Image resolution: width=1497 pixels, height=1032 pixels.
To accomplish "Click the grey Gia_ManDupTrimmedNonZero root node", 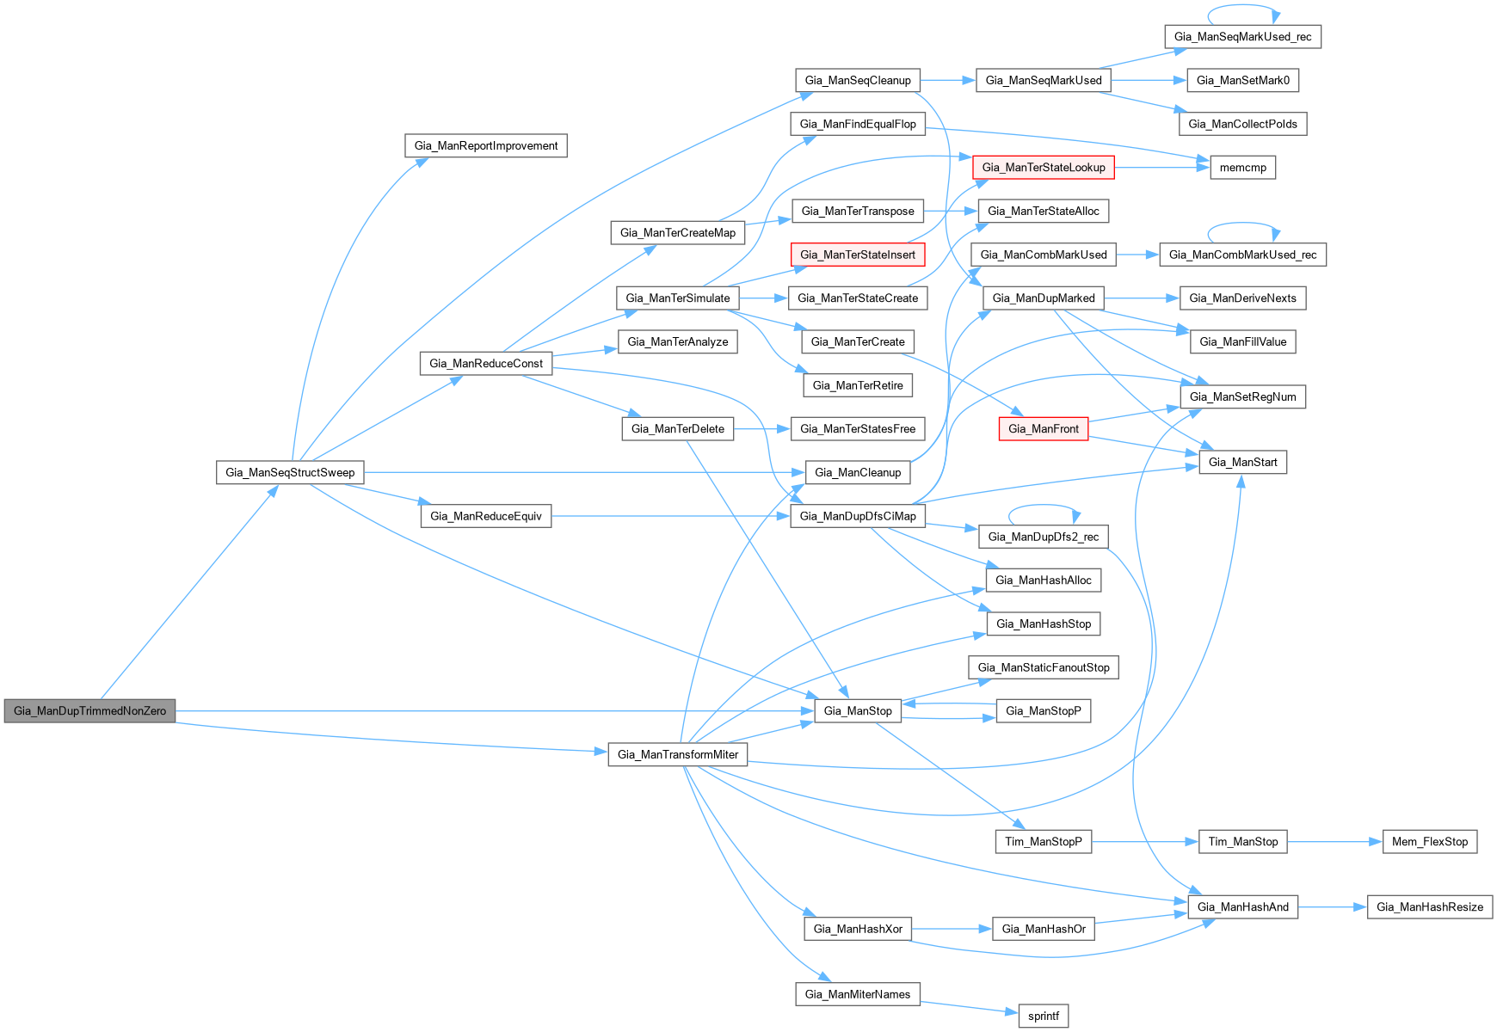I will [89, 711].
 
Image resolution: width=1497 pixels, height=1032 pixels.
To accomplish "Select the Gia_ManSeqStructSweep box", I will [290, 472].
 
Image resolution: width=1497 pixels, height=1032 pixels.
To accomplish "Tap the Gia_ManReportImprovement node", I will [485, 145].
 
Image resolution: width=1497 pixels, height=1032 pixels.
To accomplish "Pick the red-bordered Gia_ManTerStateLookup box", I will [1043, 168].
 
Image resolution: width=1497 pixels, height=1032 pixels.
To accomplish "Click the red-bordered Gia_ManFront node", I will [1043, 429].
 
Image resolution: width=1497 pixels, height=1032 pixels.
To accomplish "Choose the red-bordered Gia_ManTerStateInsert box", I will [857, 255].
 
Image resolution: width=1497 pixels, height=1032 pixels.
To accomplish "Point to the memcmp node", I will [1242, 168].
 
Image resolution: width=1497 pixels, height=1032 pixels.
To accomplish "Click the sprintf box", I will [1043, 1016].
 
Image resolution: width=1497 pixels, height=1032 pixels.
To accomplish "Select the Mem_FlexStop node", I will [1429, 842].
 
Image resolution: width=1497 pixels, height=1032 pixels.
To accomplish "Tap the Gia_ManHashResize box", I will [1429, 907].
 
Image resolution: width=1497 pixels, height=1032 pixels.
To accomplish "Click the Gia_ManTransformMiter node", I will [677, 755].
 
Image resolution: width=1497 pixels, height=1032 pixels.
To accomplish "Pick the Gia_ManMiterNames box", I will [857, 994].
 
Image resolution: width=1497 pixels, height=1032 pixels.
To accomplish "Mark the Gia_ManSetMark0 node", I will [1242, 81].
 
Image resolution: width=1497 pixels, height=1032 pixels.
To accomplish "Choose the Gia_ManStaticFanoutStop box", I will [1043, 667].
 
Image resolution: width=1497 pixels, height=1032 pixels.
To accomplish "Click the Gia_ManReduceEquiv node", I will [485, 516].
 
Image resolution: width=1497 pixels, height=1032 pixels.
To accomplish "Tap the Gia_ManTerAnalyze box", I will [677, 341].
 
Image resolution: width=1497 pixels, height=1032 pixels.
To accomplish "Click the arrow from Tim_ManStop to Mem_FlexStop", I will [1334, 842].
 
